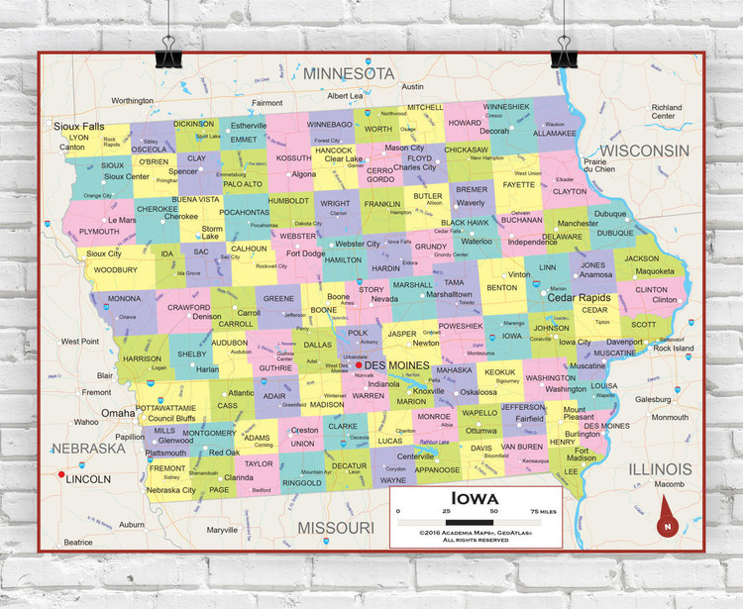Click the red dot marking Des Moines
point(359,365)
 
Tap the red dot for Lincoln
point(61,475)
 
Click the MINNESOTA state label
point(349,74)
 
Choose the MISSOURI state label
point(336,527)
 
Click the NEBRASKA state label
point(89,448)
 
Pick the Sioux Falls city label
point(79,127)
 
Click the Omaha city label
point(118,412)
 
